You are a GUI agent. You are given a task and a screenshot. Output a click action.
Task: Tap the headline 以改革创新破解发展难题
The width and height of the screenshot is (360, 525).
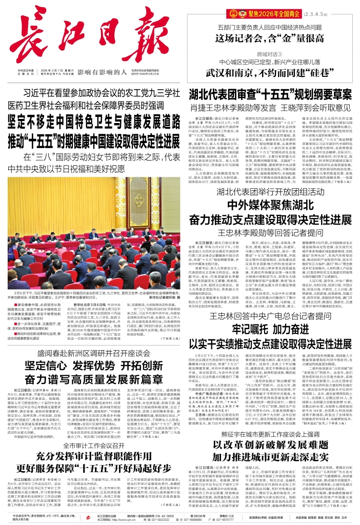pos(273,458)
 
